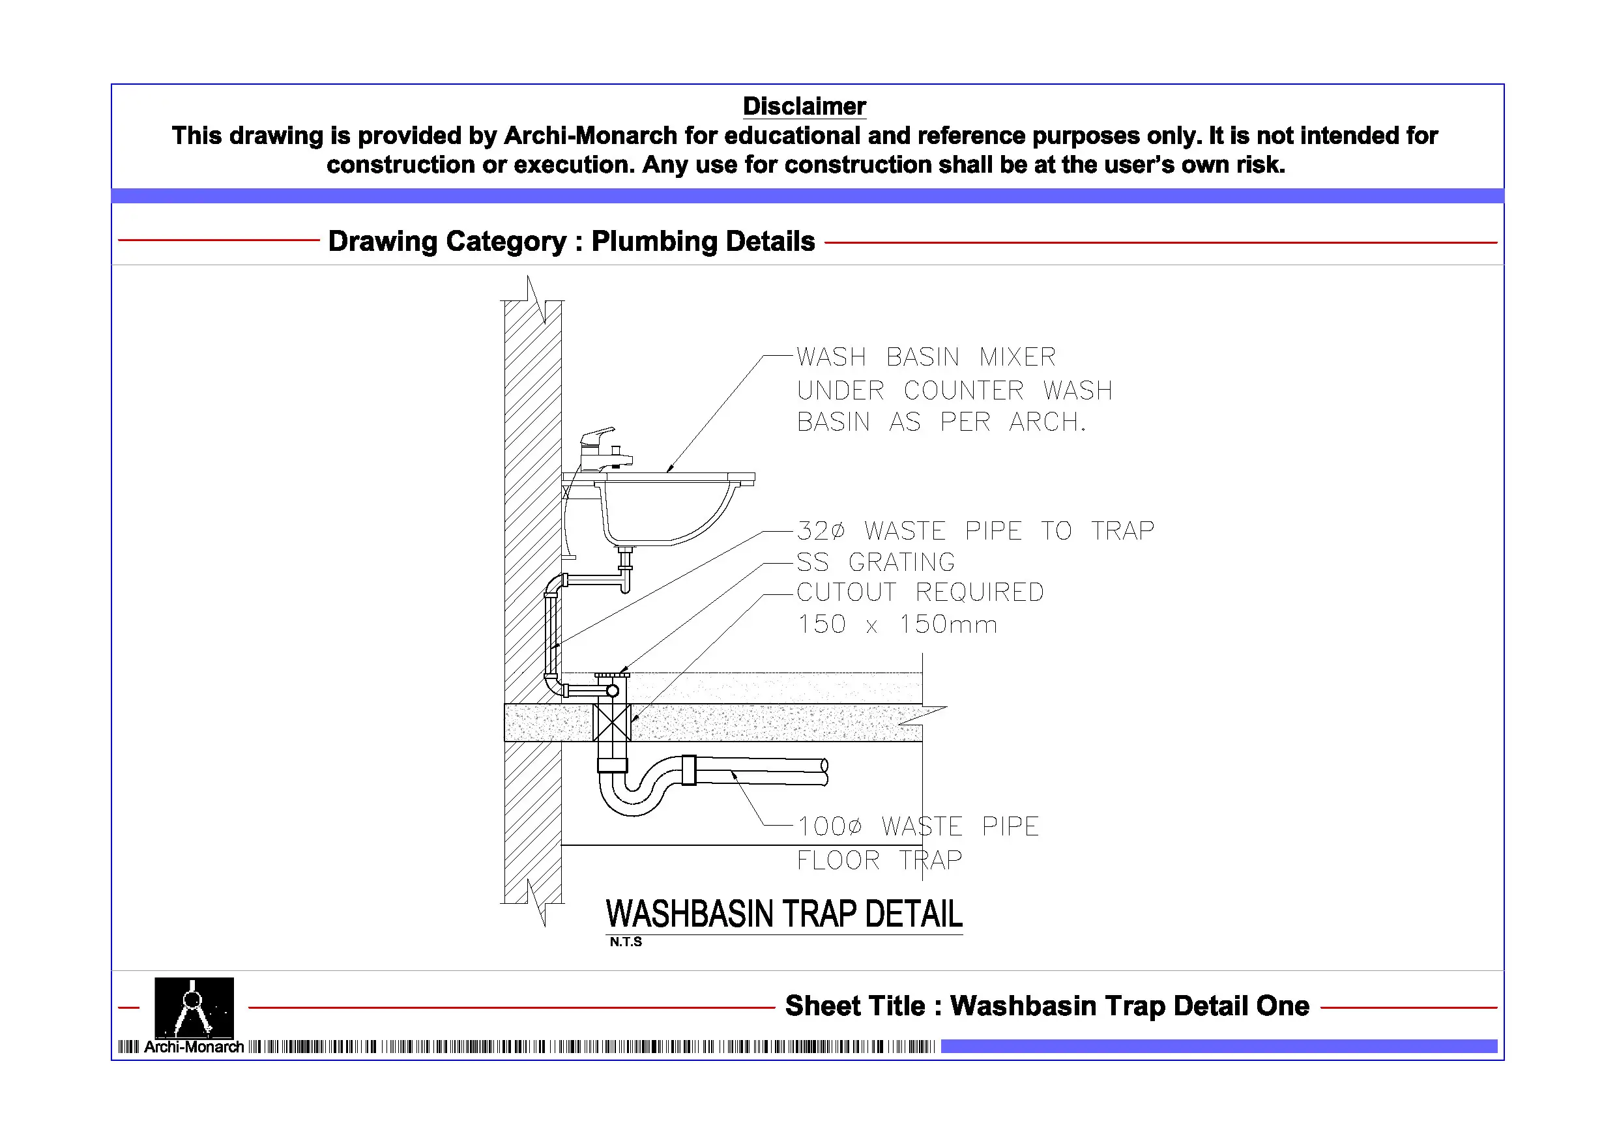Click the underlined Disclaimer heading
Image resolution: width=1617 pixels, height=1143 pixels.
pyautogui.click(x=804, y=106)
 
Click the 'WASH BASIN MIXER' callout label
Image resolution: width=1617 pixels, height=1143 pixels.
pyautogui.click(x=925, y=357)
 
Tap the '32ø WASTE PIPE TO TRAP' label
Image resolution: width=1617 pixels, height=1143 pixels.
pyautogui.click(x=975, y=530)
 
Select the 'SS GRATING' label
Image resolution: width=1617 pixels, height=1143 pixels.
pyautogui.click(x=875, y=562)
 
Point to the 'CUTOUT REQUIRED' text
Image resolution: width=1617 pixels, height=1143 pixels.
pyautogui.click(x=920, y=592)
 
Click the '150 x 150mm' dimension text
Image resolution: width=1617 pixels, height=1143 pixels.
pyautogui.click(x=897, y=625)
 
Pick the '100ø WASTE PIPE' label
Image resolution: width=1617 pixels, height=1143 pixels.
pyautogui.click(x=918, y=826)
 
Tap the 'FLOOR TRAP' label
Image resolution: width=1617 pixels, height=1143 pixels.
pyautogui.click(x=879, y=860)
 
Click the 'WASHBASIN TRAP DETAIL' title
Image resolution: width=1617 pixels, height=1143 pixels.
pyautogui.click(x=783, y=914)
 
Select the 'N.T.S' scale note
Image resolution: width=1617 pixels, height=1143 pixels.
pyautogui.click(x=626, y=942)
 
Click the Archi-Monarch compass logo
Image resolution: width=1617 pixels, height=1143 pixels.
pyautogui.click(x=194, y=1007)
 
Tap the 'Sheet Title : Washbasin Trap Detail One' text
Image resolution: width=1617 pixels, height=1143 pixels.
pyautogui.click(x=1047, y=1006)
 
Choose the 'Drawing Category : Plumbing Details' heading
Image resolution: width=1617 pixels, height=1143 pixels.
pyautogui.click(x=571, y=242)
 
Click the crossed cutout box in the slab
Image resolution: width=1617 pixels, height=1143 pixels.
pyautogui.click(x=611, y=722)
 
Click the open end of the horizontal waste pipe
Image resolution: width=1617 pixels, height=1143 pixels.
pyautogui.click(x=824, y=772)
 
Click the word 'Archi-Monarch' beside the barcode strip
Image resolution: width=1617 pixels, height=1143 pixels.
pyautogui.click(x=194, y=1047)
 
